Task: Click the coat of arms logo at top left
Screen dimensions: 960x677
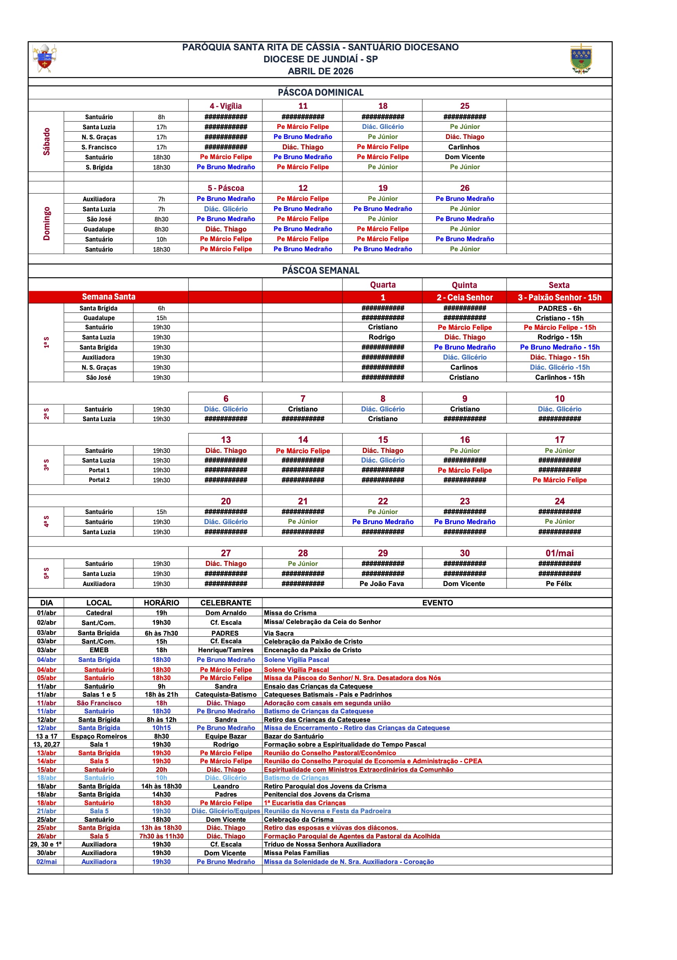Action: [x=45, y=58]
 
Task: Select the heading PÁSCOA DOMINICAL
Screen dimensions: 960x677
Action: [x=321, y=93]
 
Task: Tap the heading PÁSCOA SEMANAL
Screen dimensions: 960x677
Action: [x=321, y=271]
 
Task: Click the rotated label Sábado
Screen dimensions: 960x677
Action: [x=46, y=142]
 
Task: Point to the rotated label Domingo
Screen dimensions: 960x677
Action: [x=46, y=224]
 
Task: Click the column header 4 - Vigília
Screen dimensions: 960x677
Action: [x=225, y=106]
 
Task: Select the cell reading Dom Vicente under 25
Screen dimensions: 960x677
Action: [x=464, y=157]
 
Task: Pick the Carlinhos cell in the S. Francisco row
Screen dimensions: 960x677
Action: [x=464, y=147]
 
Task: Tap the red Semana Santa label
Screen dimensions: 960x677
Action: [x=108, y=297]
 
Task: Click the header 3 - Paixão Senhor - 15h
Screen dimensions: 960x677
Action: [x=559, y=297]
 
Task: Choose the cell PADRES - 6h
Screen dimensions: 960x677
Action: [x=559, y=308]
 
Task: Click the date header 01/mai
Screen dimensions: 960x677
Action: [x=559, y=553]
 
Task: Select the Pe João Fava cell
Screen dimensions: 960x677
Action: [x=381, y=584]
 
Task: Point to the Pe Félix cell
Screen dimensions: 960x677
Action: [x=558, y=584]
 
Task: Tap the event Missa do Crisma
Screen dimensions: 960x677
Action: [x=290, y=612]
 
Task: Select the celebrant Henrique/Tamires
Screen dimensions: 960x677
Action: [x=225, y=650]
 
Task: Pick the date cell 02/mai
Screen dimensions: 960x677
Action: [x=46, y=861]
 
